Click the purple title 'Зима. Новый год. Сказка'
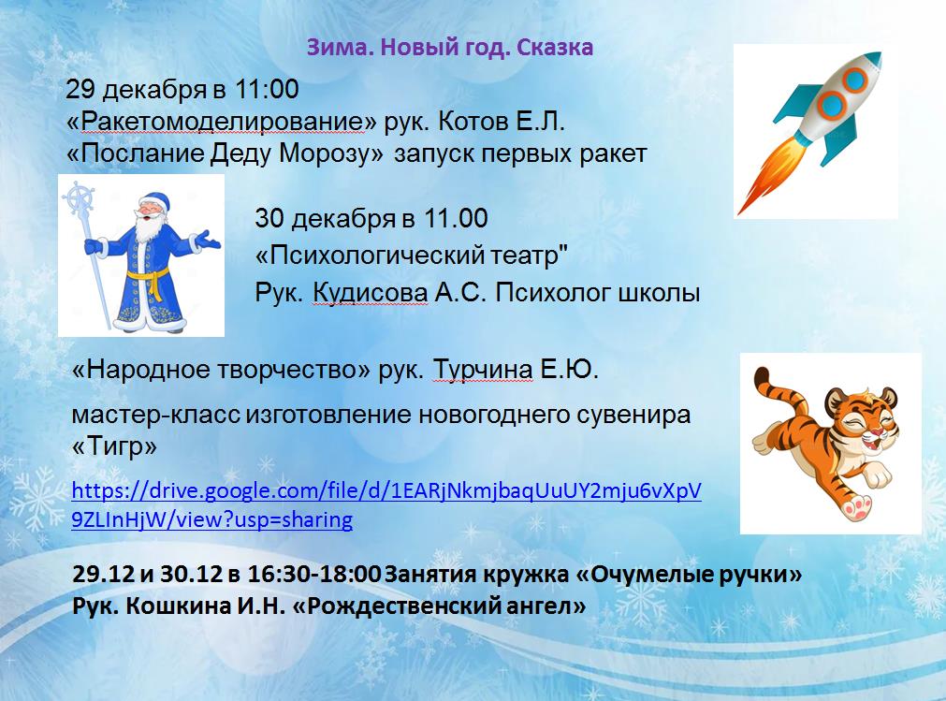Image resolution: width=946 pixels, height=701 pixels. coord(450,47)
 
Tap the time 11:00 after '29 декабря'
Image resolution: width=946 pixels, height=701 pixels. coord(266,89)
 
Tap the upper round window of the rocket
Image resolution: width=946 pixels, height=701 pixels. coord(854,80)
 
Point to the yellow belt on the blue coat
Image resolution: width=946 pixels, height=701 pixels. coord(149,281)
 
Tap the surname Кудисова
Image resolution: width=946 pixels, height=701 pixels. coord(371,293)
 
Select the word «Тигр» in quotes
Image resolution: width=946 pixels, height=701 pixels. coord(115,446)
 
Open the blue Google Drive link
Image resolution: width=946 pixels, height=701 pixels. coord(386,505)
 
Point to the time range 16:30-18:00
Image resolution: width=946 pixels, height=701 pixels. coord(314,573)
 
